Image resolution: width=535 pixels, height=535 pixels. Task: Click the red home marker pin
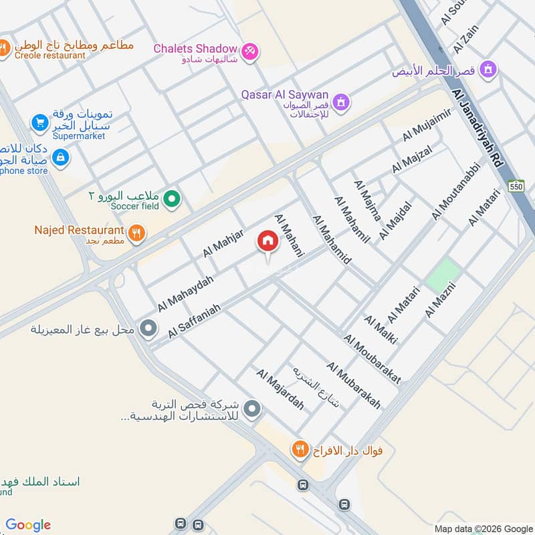click(x=268, y=241)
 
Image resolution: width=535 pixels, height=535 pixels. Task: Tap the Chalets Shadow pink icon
click(x=249, y=49)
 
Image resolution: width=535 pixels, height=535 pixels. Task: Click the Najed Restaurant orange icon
click(x=137, y=232)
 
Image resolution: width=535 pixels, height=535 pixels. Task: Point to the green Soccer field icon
click(x=173, y=198)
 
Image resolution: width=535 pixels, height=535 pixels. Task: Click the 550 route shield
click(x=516, y=185)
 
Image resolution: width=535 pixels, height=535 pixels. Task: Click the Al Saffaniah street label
click(x=195, y=319)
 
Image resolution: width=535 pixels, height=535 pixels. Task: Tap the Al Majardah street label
click(x=280, y=389)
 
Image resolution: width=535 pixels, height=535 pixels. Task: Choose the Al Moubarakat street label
click(x=372, y=359)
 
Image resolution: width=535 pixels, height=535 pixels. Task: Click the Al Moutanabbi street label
click(x=456, y=191)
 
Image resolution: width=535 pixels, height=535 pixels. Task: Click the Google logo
click(x=28, y=525)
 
